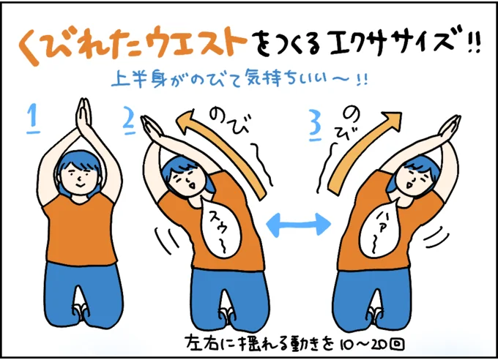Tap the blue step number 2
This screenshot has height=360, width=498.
(129, 122)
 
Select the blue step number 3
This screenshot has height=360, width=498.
(316, 126)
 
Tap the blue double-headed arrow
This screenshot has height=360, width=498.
(298, 225)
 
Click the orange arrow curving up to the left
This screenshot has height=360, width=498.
(223, 149)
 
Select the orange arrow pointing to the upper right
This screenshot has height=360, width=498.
(362, 152)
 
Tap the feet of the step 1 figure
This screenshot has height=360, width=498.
(81, 312)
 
